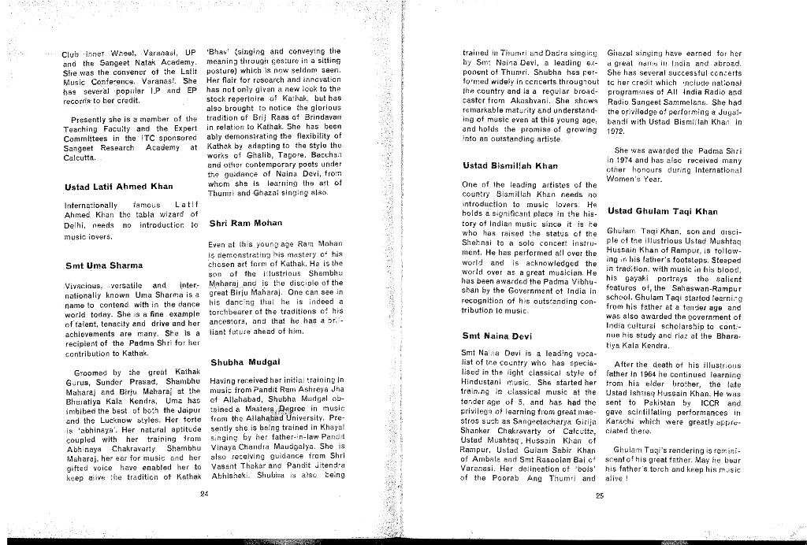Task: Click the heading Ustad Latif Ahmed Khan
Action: [x=118, y=187]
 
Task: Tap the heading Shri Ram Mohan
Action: [x=245, y=223]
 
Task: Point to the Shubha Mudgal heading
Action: [x=247, y=361]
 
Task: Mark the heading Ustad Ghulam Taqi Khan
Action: [x=663, y=211]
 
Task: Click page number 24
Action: [x=204, y=495]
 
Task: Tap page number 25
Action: [x=599, y=495]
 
